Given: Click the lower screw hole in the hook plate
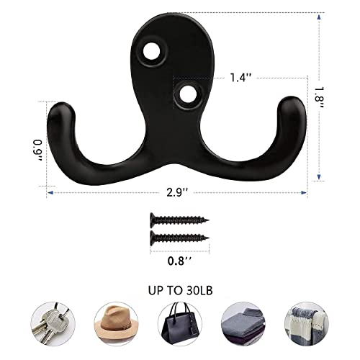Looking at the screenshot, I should point(189,92).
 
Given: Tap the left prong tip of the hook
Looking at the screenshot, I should point(60,110).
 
